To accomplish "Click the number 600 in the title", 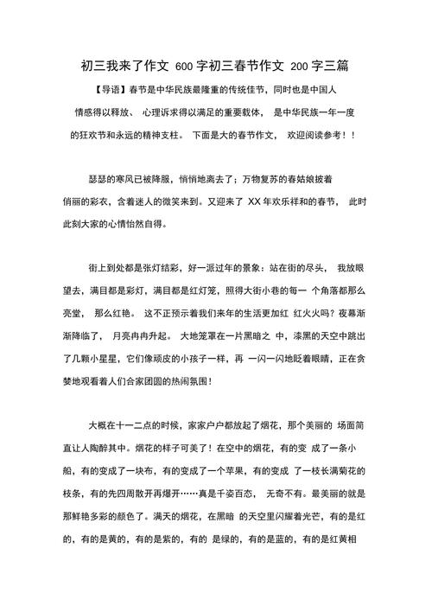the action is (x=184, y=65).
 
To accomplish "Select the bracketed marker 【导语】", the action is (x=108, y=90).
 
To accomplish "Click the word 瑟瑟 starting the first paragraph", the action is (x=98, y=178).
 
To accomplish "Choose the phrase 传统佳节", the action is (x=245, y=90).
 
